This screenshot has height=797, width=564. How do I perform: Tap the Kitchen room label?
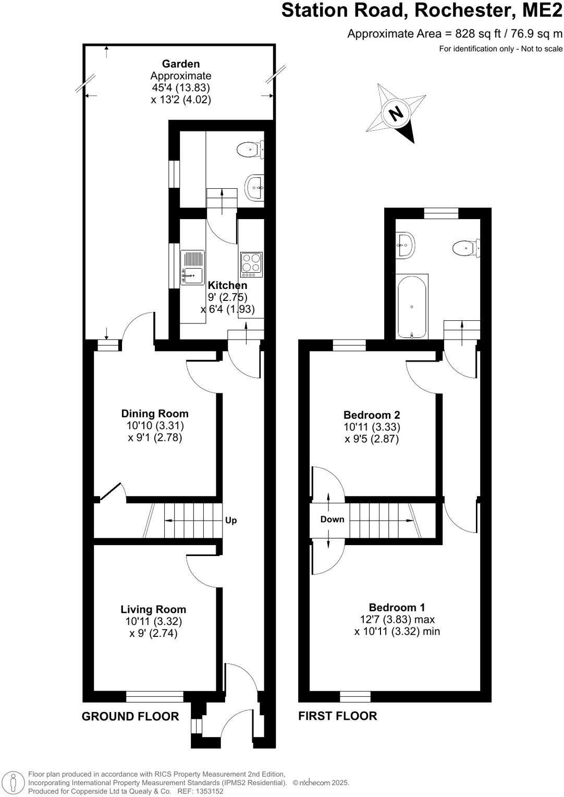tap(227, 285)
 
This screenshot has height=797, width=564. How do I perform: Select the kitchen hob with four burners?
tap(251, 264)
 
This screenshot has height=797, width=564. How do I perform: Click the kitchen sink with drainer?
tap(193, 268)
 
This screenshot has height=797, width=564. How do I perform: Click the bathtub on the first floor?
tap(412, 306)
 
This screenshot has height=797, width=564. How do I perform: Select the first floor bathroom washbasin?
tap(405, 244)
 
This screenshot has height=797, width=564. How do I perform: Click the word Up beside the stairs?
tap(231, 520)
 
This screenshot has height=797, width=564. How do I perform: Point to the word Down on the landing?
tap(332, 519)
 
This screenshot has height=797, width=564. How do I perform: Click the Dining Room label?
tap(155, 414)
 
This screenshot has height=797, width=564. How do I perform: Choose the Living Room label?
tap(153, 609)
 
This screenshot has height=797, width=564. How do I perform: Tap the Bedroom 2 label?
tap(372, 415)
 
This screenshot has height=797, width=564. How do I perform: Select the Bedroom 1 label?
tap(397, 607)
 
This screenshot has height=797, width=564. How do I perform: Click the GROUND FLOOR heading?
tap(130, 717)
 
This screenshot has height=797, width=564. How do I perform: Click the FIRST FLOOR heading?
tap(337, 716)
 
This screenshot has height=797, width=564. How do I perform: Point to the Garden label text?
tap(181, 64)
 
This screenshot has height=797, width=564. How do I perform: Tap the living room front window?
tap(154, 696)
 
